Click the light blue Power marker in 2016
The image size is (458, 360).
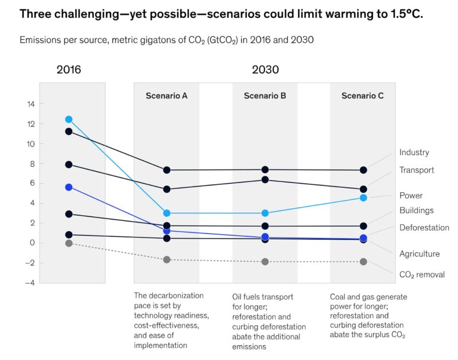click(69, 120)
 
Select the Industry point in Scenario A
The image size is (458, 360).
click(167, 170)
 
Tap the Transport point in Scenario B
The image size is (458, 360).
click(265, 180)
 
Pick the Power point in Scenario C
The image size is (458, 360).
click(363, 197)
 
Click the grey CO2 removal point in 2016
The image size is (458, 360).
click(69, 243)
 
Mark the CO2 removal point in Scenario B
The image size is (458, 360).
click(265, 262)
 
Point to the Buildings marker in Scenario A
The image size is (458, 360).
click(167, 226)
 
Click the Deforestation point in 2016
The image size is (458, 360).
click(69, 187)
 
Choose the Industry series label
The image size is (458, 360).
click(414, 153)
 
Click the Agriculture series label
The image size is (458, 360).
click(419, 254)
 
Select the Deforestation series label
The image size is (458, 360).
click(424, 228)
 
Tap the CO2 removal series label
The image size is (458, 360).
click(422, 275)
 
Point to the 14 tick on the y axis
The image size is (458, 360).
click(30, 104)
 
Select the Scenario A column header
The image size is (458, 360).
click(167, 96)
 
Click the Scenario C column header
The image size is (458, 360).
click(362, 96)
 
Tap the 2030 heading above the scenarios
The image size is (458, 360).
click(265, 70)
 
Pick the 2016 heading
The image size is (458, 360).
click(69, 70)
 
